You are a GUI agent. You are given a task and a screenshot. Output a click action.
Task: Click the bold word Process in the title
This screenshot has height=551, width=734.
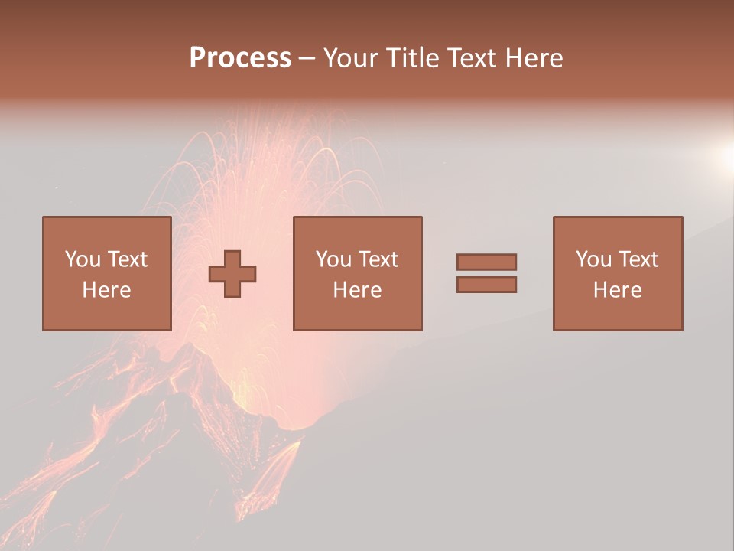[x=240, y=58]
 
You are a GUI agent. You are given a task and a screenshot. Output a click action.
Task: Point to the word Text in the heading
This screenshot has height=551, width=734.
[x=469, y=58]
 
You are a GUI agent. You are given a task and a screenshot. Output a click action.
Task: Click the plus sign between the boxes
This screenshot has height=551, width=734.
[x=232, y=274]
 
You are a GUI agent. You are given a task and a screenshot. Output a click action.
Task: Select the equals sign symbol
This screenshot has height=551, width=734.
[x=486, y=273]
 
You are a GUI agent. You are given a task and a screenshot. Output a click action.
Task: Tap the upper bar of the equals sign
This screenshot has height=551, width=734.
[x=486, y=262]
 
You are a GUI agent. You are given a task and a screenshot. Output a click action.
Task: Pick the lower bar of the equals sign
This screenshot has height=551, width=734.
[x=486, y=285]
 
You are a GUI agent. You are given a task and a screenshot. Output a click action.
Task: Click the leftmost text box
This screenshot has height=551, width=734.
[x=106, y=273]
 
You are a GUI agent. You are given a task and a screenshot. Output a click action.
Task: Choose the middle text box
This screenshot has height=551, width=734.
[x=357, y=273]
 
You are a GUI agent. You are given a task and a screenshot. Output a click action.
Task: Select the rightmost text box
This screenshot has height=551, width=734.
[x=618, y=273]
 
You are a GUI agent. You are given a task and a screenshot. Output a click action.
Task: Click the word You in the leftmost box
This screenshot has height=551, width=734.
[x=82, y=259]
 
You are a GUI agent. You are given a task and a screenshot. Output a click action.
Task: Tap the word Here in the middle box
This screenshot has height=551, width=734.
[x=357, y=290]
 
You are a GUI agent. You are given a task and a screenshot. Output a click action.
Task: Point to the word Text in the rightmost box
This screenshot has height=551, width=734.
[x=638, y=259]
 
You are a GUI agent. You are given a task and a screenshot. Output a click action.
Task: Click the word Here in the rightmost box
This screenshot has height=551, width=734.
[x=618, y=290]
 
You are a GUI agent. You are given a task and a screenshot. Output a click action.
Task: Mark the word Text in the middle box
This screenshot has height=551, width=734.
[x=378, y=259]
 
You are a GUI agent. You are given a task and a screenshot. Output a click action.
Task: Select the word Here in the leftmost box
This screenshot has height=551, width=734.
[x=106, y=290]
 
